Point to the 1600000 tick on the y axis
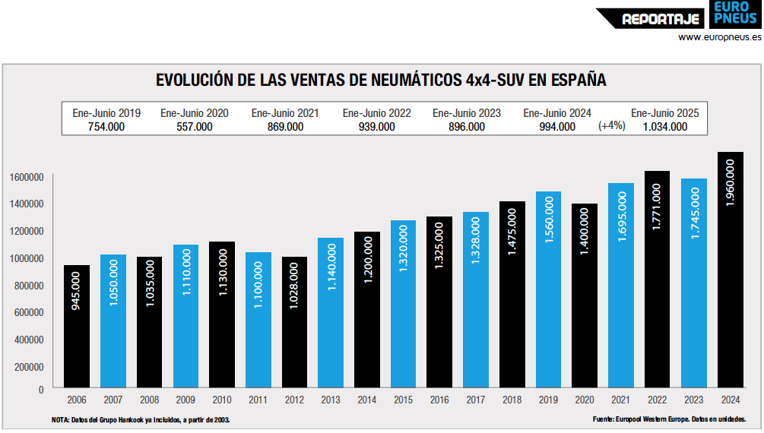[x=27, y=177]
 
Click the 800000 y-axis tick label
[x=27, y=286]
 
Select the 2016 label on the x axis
[x=440, y=400]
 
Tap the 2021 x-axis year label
[x=621, y=400]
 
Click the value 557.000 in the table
[x=194, y=127]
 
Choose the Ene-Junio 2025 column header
[x=664, y=113]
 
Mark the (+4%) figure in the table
[x=611, y=125]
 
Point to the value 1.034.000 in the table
[x=664, y=127]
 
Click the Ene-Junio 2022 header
[x=376, y=113]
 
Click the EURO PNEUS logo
[x=735, y=14]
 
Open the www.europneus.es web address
[x=719, y=36]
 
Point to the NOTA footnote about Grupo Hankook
[x=141, y=419]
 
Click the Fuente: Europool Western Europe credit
[x=669, y=419]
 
